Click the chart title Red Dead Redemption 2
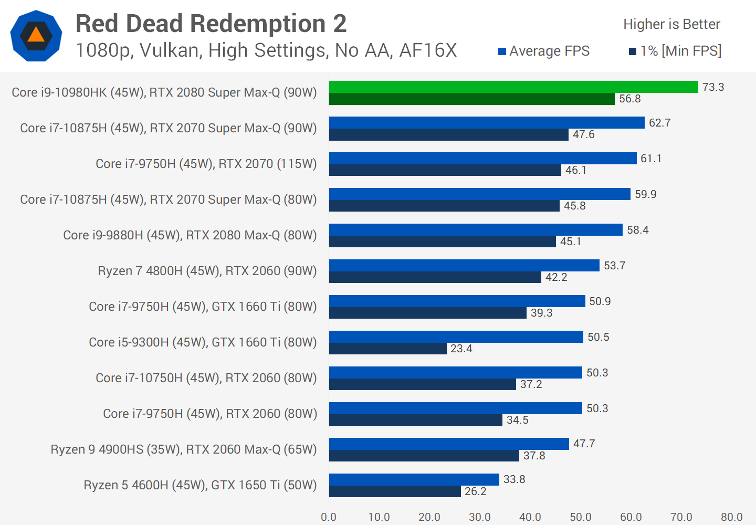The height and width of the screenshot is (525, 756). tap(211, 24)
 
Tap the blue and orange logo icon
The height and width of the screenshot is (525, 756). tap(36, 36)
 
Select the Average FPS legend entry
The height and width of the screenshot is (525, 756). tap(544, 51)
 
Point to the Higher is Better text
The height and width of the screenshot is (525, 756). tap(671, 24)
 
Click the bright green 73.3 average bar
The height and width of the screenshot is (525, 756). tap(513, 87)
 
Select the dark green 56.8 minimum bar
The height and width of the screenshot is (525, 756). tap(471, 99)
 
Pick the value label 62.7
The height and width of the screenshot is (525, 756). tap(659, 123)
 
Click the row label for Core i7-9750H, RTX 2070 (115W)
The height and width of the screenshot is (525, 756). tap(206, 164)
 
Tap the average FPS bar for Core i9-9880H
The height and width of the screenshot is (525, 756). tap(476, 230)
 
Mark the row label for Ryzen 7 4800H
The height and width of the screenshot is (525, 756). tap(207, 271)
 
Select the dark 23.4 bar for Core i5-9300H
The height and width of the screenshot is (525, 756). tap(387, 349)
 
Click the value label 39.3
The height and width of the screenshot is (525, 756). tap(541, 313)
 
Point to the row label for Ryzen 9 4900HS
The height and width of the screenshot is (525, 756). tap(184, 449)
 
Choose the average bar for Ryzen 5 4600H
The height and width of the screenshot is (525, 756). tap(414, 479)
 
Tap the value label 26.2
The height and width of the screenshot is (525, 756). tap(475, 491)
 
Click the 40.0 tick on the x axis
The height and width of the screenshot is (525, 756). tap(530, 517)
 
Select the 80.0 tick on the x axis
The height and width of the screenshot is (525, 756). tap(731, 517)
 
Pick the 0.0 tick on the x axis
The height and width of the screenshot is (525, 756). tap(329, 517)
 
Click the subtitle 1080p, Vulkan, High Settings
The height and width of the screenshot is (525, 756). tap(266, 51)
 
